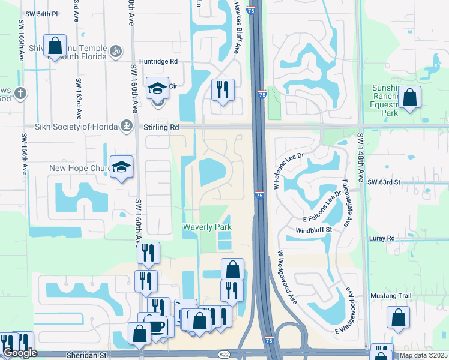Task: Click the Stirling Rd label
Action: point(161,127)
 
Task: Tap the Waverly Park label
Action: point(207,227)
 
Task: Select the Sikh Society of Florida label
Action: point(75,127)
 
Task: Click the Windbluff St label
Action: point(313,230)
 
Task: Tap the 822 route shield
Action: point(223,355)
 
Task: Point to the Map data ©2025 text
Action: point(423,355)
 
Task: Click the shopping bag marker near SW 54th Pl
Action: point(55,46)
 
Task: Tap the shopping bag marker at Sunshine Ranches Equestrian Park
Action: point(409,97)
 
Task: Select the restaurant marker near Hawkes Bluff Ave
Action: point(223,90)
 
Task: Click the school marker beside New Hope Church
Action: point(121,167)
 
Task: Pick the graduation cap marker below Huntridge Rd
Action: point(158,89)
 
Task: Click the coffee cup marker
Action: point(157,327)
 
